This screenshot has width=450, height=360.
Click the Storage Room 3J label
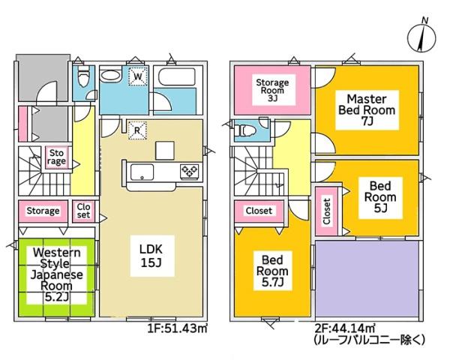pyautogui.click(x=271, y=88)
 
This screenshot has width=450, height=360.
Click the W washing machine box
pyautogui.click(x=138, y=76)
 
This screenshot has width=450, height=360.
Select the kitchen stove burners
pyautogui.click(x=187, y=172)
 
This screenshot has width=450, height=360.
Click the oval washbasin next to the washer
pyautogui.click(x=112, y=76)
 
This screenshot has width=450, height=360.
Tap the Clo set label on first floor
pyautogui.click(x=83, y=211)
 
